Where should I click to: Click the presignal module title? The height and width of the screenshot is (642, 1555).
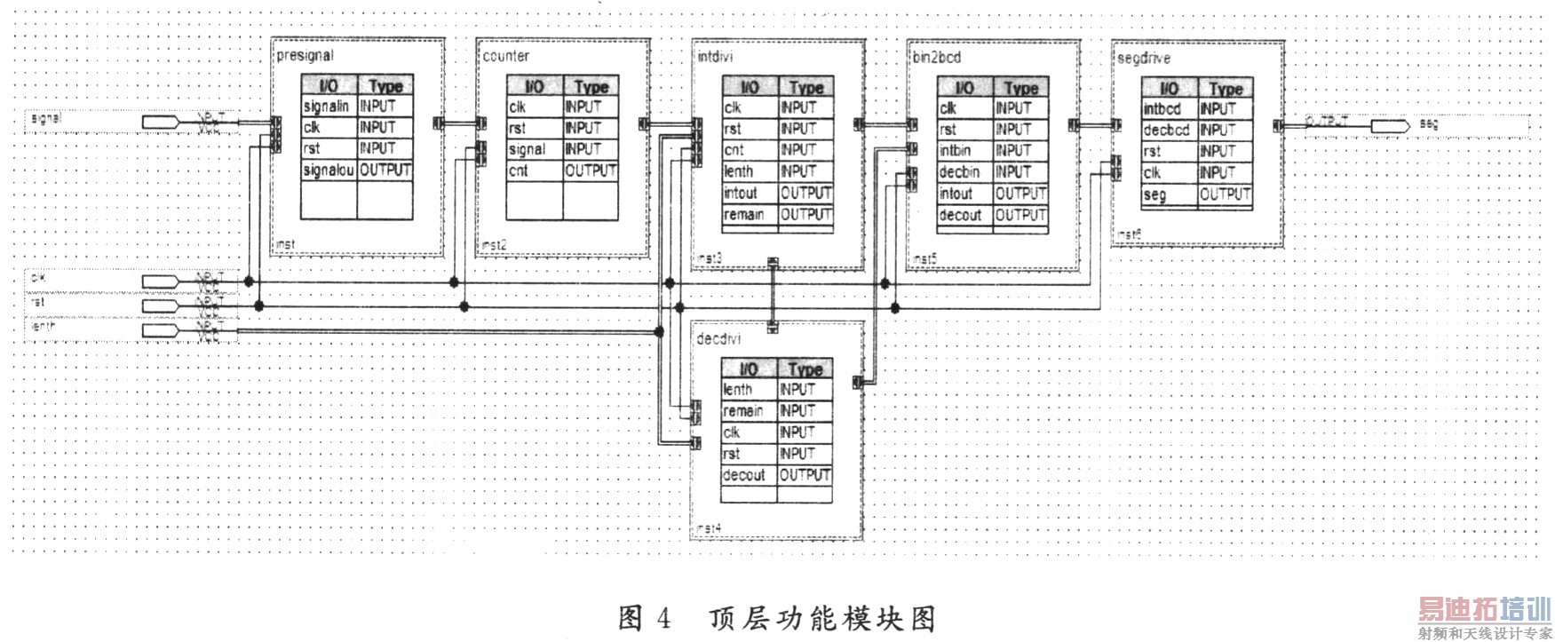pyautogui.click(x=305, y=56)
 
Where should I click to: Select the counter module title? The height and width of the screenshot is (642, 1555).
pyautogui.click(x=505, y=56)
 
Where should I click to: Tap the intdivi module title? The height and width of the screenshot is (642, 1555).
pyautogui.click(x=715, y=57)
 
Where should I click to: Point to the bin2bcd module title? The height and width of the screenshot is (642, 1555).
pyautogui.click(x=936, y=58)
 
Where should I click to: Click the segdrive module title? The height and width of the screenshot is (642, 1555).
pyautogui.click(x=1143, y=59)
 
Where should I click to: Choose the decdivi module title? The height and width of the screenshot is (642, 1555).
pyautogui.click(x=718, y=339)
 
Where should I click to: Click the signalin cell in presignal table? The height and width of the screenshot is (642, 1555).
pyautogui.click(x=326, y=107)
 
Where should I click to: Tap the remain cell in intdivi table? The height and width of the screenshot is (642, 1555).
pyautogui.click(x=743, y=215)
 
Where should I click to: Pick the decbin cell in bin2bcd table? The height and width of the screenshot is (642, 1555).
pyautogui.click(x=959, y=172)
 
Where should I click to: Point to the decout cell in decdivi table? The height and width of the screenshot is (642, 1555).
pyautogui.click(x=743, y=475)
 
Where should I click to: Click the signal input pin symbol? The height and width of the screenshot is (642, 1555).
pyautogui.click(x=160, y=122)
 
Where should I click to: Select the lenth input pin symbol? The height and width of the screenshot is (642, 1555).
pyautogui.click(x=160, y=331)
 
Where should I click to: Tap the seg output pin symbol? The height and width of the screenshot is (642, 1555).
pyautogui.click(x=1390, y=126)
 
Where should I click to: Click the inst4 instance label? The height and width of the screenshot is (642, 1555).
pyautogui.click(x=708, y=528)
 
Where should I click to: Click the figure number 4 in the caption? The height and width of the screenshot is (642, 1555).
pyautogui.click(x=663, y=617)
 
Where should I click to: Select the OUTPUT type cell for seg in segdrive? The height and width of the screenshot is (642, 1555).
pyautogui.click(x=1225, y=194)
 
